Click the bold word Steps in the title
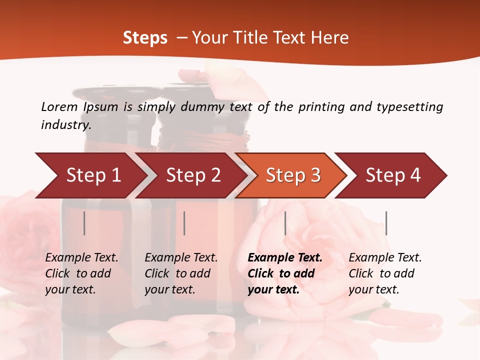coord(145,37)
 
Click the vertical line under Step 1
coord(84,223)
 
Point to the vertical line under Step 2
coord(184,223)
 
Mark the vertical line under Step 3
coord(285,223)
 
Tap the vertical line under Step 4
coord(386,223)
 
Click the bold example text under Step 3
coord(284,273)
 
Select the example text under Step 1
coord(81,273)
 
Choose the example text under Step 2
coord(181,273)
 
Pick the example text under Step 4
coord(385,273)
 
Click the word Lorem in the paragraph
coord(59,106)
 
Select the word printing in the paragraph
coord(320,106)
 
